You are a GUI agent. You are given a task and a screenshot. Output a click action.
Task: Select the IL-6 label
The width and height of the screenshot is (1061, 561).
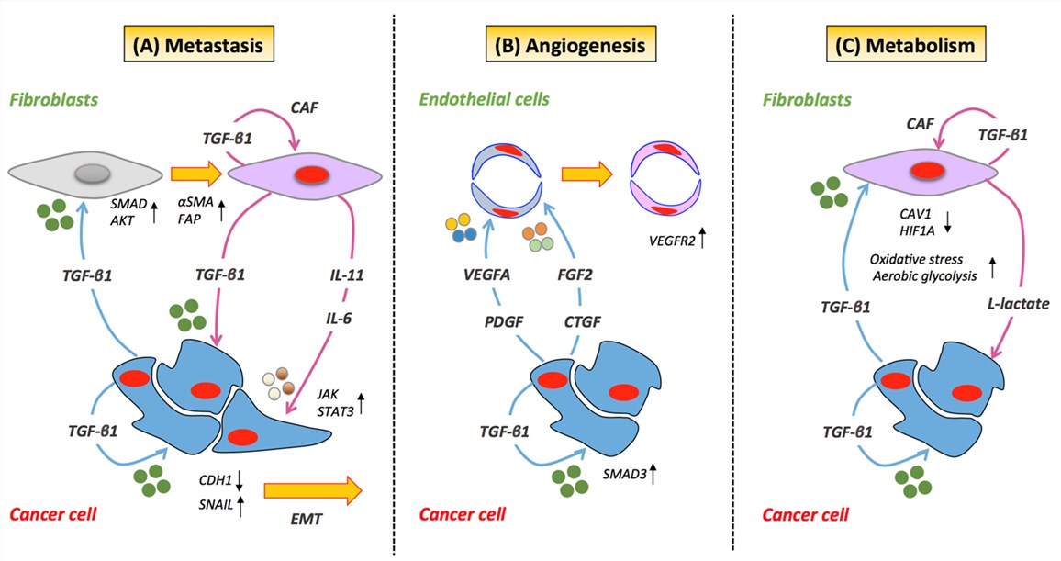coord(339,318)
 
